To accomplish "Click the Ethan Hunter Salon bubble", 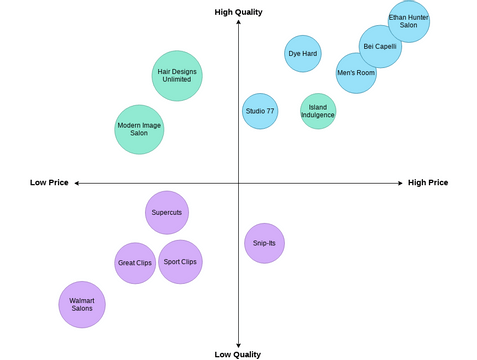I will tap(408, 21).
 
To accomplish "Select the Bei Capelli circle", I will tap(380, 46).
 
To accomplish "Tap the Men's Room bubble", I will tap(356, 73).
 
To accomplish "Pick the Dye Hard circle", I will tap(303, 53).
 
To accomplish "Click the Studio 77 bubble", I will tap(260, 111).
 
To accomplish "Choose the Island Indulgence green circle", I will tap(318, 111).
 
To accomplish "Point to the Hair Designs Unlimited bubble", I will tap(178, 76).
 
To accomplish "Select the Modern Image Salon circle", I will tap(139, 129).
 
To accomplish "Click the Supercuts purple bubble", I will tap(166, 212).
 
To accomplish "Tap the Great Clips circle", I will tap(135, 263).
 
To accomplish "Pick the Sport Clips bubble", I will tap(180, 262).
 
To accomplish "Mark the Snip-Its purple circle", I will tap(264, 243).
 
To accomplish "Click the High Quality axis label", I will tap(238, 12).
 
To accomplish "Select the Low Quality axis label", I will tap(238, 354).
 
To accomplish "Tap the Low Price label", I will tap(49, 183).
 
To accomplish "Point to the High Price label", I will tap(428, 183).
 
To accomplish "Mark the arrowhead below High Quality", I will tap(238, 24).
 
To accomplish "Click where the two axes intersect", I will tap(238, 183).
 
